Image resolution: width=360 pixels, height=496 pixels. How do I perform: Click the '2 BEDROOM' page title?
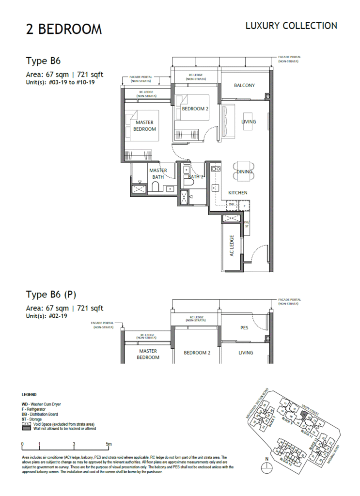tap(64, 29)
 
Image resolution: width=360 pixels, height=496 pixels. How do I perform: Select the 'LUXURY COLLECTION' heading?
tap(291, 26)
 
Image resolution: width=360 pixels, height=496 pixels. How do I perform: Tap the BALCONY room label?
tap(244, 86)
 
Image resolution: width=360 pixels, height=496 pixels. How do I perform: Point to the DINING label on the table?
tap(244, 171)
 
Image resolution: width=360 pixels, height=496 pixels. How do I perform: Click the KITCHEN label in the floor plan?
tap(238, 193)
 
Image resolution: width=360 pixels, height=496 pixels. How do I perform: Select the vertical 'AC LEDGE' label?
tap(232, 246)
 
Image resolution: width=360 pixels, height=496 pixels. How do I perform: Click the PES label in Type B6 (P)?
tap(244, 328)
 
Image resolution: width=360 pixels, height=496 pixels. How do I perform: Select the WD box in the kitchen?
tap(232, 205)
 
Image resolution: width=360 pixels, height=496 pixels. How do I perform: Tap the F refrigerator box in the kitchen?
tap(246, 206)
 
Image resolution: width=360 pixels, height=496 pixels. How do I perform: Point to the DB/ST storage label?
tap(246, 224)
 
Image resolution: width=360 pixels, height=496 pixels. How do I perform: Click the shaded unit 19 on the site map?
tap(304, 415)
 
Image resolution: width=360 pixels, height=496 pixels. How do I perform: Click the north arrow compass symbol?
tap(266, 468)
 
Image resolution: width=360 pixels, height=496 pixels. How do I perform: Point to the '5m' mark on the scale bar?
tap(109, 444)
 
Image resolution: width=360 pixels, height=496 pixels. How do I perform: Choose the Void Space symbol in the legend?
tap(26, 424)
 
